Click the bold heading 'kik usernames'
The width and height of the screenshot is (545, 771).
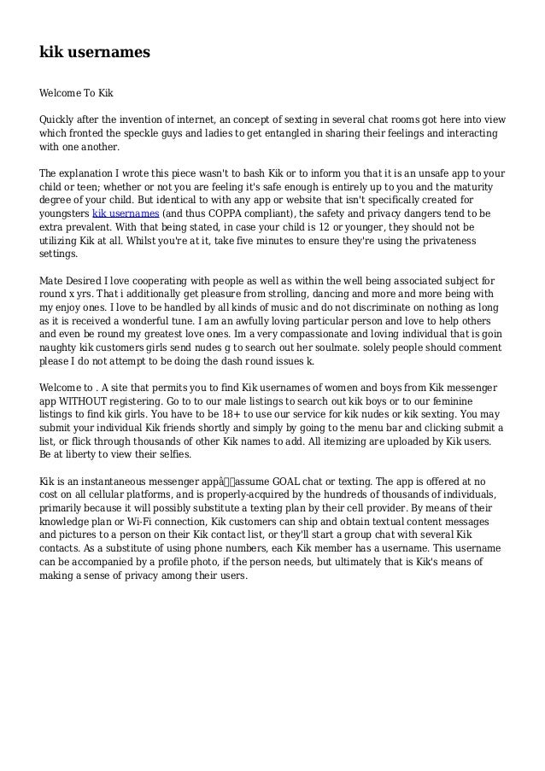[x=95, y=53]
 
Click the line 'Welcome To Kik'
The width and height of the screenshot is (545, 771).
[x=76, y=91]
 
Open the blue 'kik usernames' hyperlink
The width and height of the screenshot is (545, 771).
[x=126, y=213]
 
